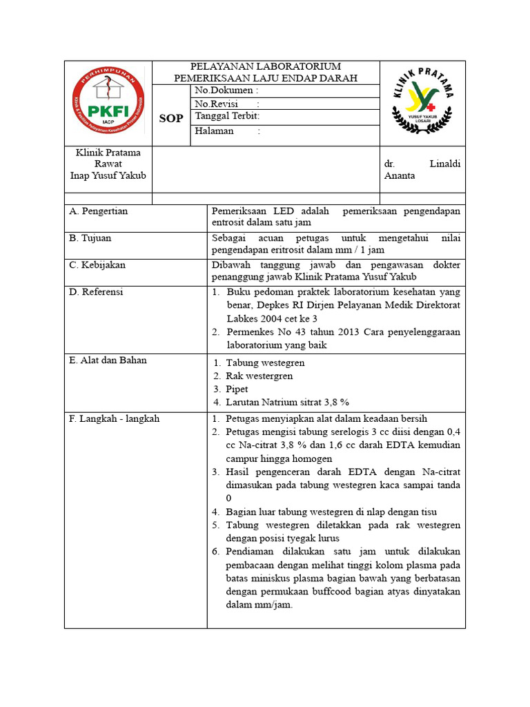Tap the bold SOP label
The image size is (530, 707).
pyautogui.click(x=171, y=118)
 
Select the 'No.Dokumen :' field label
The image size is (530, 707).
pyautogui.click(x=227, y=90)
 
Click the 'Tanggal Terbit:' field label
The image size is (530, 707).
pyautogui.click(x=227, y=117)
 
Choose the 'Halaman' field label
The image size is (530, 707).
pyautogui.click(x=215, y=130)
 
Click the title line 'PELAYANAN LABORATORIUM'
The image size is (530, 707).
pyautogui.click(x=266, y=66)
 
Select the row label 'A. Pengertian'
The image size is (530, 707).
pyautogui.click(x=99, y=211)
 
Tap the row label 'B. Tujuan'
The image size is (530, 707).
pyautogui.click(x=90, y=238)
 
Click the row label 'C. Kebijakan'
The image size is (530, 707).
pyautogui.click(x=97, y=265)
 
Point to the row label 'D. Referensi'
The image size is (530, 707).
pyautogui.click(x=96, y=292)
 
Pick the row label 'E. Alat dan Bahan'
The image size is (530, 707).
pyautogui.click(x=108, y=360)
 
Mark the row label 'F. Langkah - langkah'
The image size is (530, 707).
pyautogui.click(x=115, y=419)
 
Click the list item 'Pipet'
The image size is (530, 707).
pyautogui.click(x=237, y=389)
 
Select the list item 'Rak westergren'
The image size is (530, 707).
pyautogui.click(x=259, y=376)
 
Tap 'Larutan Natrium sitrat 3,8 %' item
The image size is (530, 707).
pyautogui.click(x=288, y=403)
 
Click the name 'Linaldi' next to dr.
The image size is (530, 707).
pyautogui.click(x=445, y=164)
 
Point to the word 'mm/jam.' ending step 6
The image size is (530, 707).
pyautogui.click(x=275, y=605)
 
